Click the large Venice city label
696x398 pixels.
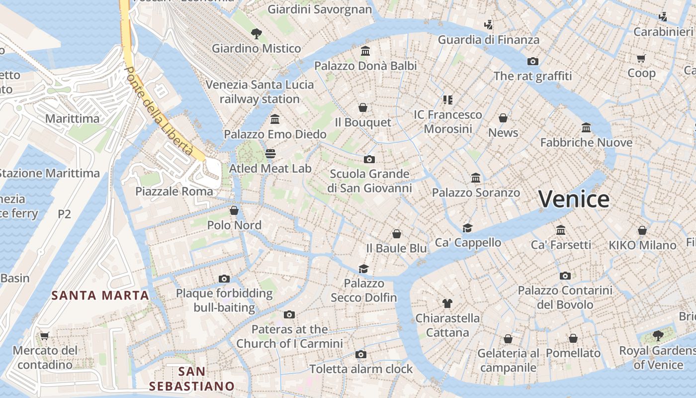click(x=574, y=199)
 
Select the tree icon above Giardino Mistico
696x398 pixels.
click(x=256, y=34)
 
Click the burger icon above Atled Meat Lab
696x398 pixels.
click(x=270, y=154)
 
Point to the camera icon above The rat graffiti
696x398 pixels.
click(x=532, y=61)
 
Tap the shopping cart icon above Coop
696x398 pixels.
click(x=641, y=58)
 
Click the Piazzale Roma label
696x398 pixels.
click(x=174, y=192)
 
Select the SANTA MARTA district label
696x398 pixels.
click(x=100, y=296)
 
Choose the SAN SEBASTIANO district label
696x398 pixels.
click(x=192, y=379)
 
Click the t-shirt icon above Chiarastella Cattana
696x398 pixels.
click(x=447, y=303)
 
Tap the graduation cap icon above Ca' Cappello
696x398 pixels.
click(x=467, y=228)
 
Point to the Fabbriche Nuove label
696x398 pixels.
click(x=586, y=143)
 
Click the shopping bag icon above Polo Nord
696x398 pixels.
click(x=234, y=210)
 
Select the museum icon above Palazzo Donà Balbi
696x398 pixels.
click(x=365, y=51)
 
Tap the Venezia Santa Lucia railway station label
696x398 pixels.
click(x=260, y=92)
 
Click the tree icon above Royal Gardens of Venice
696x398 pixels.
click(x=658, y=335)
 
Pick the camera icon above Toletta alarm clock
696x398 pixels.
click(x=361, y=354)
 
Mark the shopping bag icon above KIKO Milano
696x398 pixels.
click(x=642, y=230)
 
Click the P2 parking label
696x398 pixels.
click(x=64, y=214)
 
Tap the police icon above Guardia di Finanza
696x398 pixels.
click(x=488, y=24)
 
